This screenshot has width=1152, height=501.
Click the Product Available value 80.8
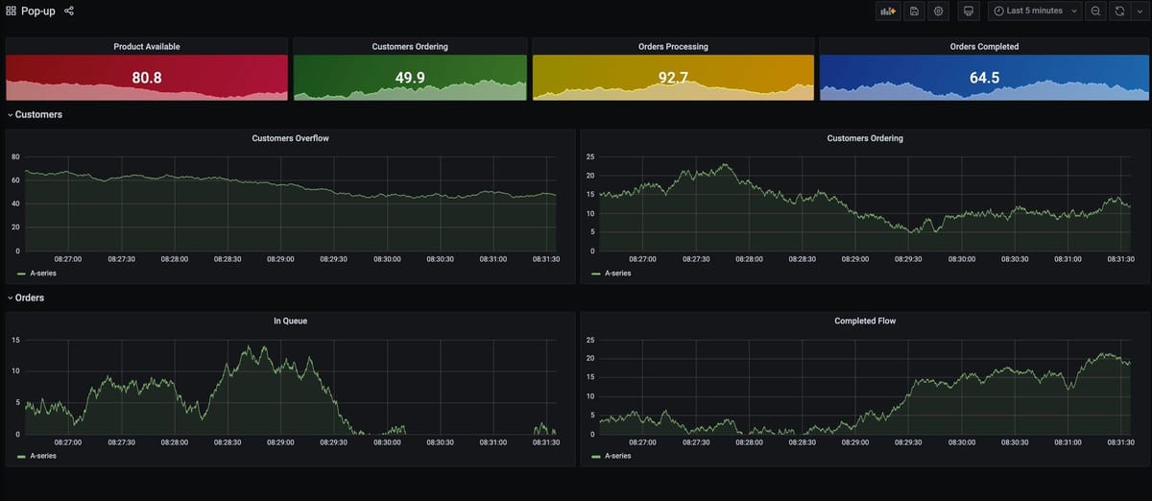[x=146, y=78]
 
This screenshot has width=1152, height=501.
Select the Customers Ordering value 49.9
[x=410, y=78]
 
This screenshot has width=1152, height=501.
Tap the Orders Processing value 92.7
[x=673, y=78]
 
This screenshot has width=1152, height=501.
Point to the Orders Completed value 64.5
[x=984, y=78]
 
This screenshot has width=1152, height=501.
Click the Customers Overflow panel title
[x=290, y=138]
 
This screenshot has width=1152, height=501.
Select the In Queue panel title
[x=290, y=321]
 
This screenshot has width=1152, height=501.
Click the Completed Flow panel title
[x=865, y=321]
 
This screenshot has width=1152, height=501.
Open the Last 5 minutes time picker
[x=1034, y=11]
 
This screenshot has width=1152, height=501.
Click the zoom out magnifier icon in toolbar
[x=1095, y=11]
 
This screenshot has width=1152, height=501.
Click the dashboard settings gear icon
[x=939, y=11]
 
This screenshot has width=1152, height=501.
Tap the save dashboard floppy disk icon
[x=914, y=11]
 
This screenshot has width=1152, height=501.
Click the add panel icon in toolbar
[x=887, y=11]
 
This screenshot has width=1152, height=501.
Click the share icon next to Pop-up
[x=69, y=11]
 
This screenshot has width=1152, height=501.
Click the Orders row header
[x=29, y=298]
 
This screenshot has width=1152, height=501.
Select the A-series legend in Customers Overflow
[x=43, y=274]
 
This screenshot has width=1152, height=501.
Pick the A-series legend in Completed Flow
[x=617, y=456]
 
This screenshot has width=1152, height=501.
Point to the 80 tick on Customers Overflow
[x=14, y=156]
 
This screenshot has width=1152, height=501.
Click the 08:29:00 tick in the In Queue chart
[x=280, y=442]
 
